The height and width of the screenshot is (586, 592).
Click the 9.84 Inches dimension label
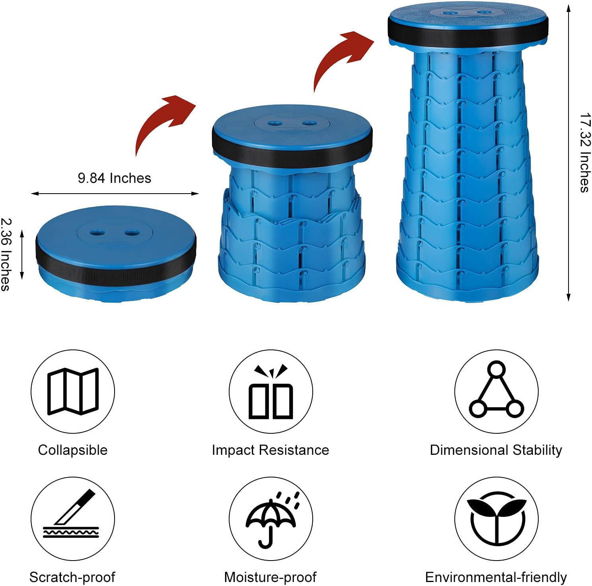115,178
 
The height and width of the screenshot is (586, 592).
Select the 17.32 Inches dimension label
584,153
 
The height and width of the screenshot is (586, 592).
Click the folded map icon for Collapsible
73,392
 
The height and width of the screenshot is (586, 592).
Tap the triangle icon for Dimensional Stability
496,392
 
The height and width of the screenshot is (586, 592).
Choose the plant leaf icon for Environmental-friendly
496,519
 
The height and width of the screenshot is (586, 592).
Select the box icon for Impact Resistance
271,394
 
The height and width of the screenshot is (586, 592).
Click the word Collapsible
73,450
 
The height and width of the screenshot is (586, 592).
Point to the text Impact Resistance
271,450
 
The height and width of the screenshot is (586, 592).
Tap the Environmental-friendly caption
496,577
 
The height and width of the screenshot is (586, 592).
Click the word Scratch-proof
72,577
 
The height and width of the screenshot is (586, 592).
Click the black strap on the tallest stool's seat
468,34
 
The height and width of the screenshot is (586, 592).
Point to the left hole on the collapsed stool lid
95,231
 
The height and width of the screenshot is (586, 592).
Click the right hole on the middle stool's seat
310,123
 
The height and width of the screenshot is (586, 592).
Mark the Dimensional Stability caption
496,450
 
